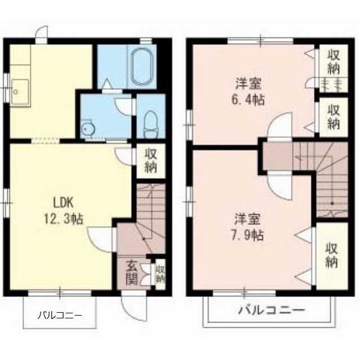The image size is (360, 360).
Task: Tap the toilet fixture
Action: click(151, 124)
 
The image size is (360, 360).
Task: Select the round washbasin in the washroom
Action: click(87, 129)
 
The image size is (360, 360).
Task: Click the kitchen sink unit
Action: click(20, 92)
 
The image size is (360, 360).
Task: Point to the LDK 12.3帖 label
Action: click(63, 211)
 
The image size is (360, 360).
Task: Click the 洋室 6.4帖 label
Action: click(249, 92)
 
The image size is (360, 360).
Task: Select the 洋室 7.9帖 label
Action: click(247, 227)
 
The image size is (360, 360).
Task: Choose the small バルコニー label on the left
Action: click(60, 315)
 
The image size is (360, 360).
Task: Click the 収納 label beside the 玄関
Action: click(161, 274)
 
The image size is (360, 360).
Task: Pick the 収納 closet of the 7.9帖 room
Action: click(331, 255)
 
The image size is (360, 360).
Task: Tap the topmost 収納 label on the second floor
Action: click(333, 62)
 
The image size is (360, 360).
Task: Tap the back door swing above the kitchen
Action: click(42, 33)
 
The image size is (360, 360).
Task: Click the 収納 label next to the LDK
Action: click(151, 161)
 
